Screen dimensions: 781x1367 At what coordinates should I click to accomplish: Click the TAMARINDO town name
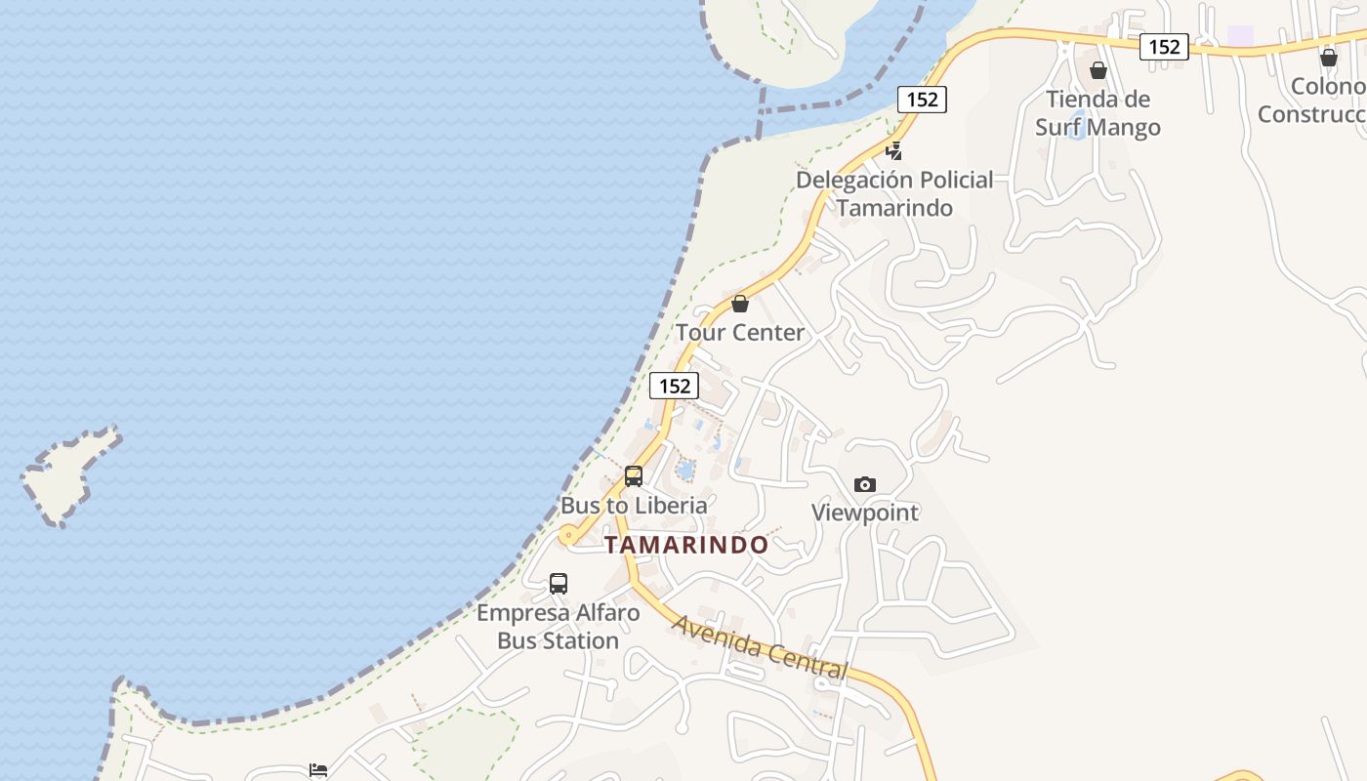(x=686, y=545)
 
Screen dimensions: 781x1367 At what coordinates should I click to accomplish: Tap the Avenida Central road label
(x=760, y=646)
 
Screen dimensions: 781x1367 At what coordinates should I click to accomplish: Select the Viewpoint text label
(x=865, y=513)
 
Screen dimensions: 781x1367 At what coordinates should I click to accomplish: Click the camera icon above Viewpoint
(x=864, y=484)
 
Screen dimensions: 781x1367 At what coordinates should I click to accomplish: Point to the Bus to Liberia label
(x=634, y=505)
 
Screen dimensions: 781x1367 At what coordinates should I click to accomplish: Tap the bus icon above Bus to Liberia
(x=634, y=476)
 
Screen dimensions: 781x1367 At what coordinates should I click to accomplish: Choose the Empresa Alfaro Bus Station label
(x=558, y=627)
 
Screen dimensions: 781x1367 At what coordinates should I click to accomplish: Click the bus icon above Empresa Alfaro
(x=559, y=584)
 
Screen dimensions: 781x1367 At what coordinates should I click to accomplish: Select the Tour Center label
(x=740, y=332)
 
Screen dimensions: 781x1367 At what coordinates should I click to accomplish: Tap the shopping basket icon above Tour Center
(x=740, y=304)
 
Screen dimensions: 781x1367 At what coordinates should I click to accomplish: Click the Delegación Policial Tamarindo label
(x=893, y=193)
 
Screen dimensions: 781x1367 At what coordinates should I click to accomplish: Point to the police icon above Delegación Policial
(x=893, y=151)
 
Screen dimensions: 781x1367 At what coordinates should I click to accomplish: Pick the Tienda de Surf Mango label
(x=1098, y=113)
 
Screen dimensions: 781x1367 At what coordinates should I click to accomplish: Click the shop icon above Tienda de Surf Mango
(x=1098, y=70)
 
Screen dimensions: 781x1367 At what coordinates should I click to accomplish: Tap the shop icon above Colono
(x=1329, y=59)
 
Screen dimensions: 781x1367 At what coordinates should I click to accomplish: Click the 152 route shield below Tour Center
(x=675, y=386)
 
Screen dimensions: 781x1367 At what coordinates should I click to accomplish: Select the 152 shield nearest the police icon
(x=922, y=99)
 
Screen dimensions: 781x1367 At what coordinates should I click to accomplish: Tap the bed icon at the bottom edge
(x=318, y=770)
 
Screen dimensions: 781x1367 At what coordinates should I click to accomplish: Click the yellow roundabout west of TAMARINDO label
(x=568, y=535)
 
